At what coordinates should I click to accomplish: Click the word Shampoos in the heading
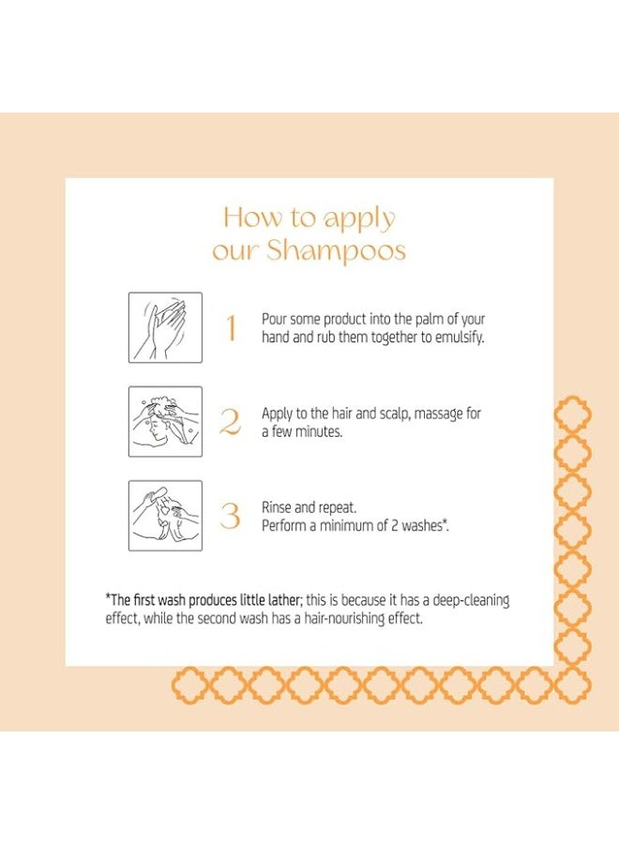click(336, 251)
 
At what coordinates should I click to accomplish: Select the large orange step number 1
click(231, 328)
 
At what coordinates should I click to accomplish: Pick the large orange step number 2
click(230, 422)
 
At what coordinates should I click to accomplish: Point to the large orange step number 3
click(230, 516)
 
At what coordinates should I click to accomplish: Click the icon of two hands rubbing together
click(165, 327)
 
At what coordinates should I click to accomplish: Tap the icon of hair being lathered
click(165, 421)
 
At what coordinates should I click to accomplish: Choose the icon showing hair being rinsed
click(165, 516)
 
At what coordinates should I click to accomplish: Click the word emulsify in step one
click(460, 338)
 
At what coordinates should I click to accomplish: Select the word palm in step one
click(429, 319)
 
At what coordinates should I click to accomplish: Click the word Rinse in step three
click(277, 507)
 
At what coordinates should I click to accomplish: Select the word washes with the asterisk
click(425, 526)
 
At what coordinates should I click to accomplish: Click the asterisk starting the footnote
click(108, 596)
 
